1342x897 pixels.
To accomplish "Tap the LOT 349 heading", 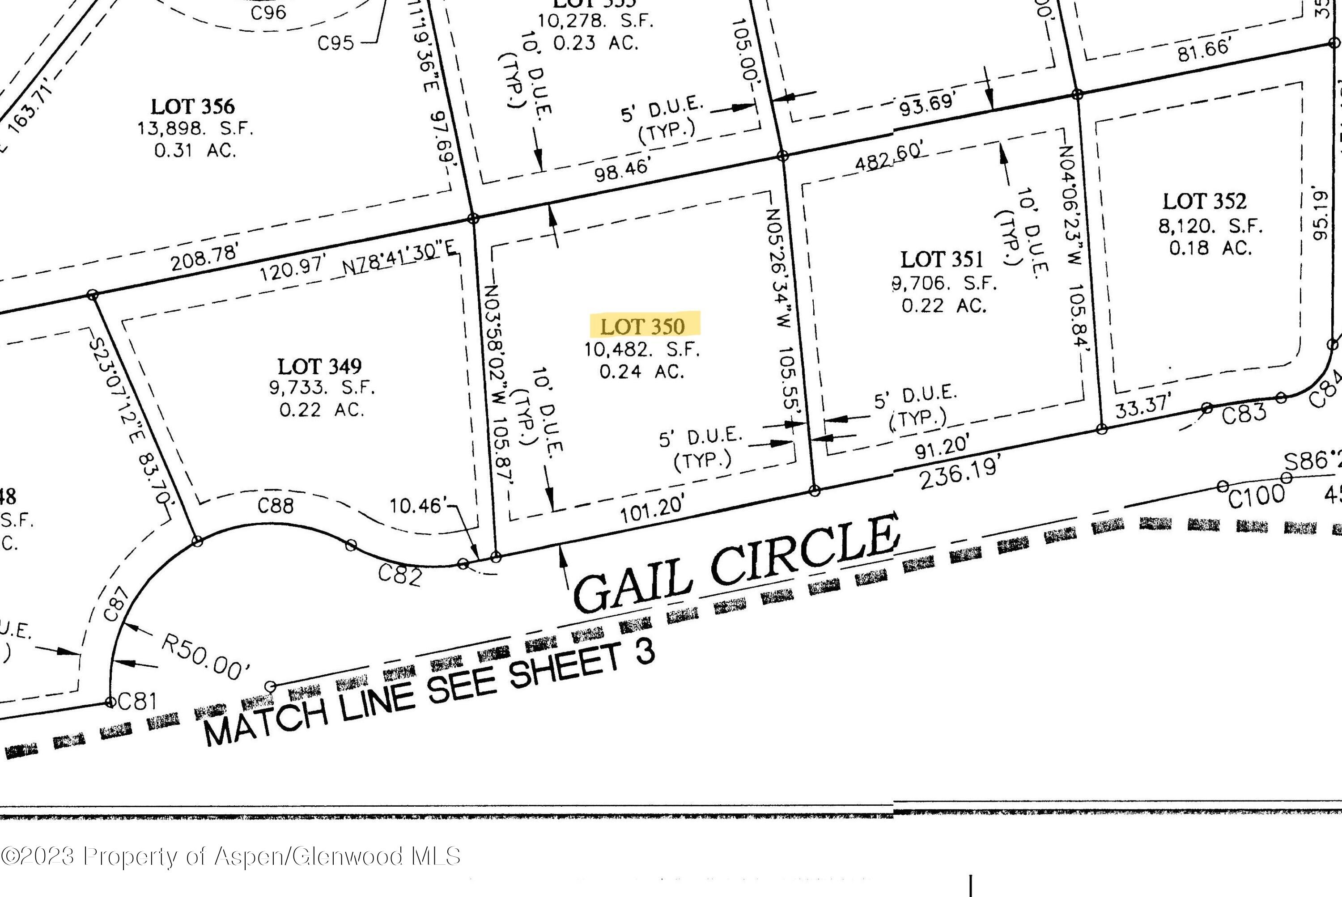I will [319, 365].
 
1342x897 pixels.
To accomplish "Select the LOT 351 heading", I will [941, 259].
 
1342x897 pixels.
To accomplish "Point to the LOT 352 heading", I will [1204, 201].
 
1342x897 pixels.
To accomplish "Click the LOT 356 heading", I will [193, 106].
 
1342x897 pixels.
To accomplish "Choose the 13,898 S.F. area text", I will [195, 128].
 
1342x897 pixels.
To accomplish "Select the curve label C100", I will [1256, 496].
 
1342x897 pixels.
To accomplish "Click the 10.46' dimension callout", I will [416, 506].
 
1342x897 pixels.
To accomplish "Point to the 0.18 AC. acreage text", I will [1210, 248].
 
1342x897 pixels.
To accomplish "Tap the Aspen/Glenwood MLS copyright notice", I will [231, 856].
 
